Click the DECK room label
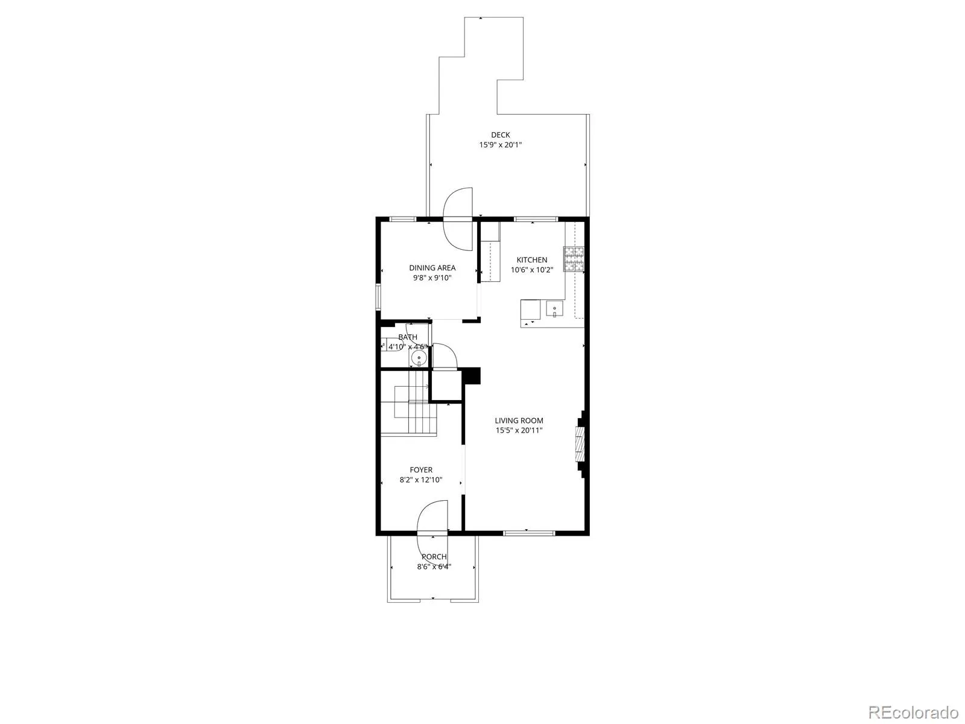(x=500, y=135)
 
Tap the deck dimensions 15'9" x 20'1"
(x=500, y=145)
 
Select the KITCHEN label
(x=531, y=260)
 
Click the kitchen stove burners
(x=574, y=258)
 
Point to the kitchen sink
(x=554, y=308)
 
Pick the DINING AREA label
(x=432, y=268)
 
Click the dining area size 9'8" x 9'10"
(x=432, y=278)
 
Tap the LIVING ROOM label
(x=519, y=421)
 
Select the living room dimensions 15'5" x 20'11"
(x=519, y=430)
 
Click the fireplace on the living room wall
(x=581, y=443)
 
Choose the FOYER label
(x=421, y=470)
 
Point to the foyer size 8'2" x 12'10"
(x=421, y=480)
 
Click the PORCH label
(x=434, y=557)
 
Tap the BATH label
(x=408, y=337)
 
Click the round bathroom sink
(x=419, y=359)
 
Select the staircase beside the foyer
(x=409, y=402)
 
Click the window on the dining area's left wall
(x=378, y=297)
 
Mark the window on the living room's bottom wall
(x=529, y=533)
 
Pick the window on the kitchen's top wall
(x=536, y=219)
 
